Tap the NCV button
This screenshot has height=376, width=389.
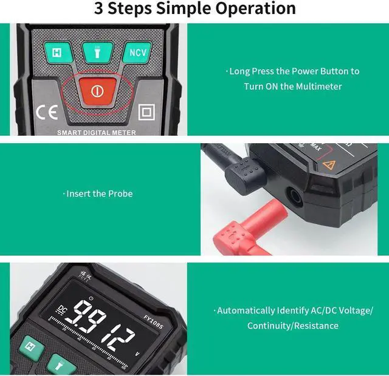tap(138, 53)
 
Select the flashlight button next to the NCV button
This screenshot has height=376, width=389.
tap(95, 53)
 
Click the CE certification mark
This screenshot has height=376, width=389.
tap(46, 112)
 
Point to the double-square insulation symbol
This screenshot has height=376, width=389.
tap(146, 112)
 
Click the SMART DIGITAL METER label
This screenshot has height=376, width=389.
tap(97, 132)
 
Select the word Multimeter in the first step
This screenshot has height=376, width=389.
tap(318, 86)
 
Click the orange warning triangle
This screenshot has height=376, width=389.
tap(330, 164)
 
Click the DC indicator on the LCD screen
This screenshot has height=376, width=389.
tap(63, 307)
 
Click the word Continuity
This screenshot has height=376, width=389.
tap(268, 326)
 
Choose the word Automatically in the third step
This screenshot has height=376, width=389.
tap(246, 310)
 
